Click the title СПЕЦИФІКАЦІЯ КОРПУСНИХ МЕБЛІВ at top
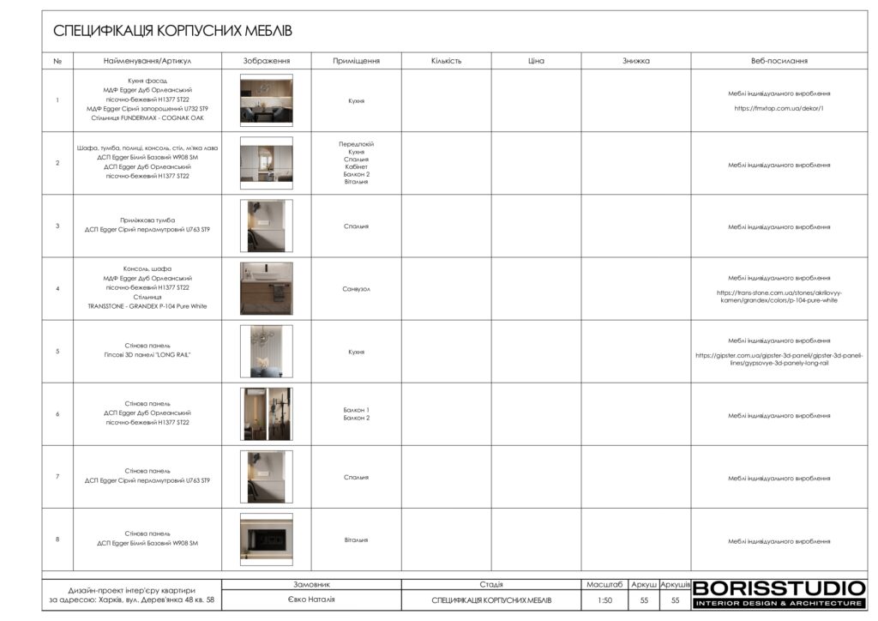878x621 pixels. tap(172, 31)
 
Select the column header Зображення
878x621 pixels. tap(267, 61)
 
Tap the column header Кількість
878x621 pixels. tap(446, 61)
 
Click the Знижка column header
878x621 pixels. tap(636, 61)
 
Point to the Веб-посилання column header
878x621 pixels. tap(779, 61)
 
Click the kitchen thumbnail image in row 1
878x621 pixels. tap(266, 100)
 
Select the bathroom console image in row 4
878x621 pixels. tap(266, 288)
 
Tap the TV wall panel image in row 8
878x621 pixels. tap(266, 540)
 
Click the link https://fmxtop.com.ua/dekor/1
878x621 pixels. tap(779, 109)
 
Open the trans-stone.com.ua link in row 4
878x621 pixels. tap(779, 297)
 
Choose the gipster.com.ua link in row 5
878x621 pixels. tap(779, 359)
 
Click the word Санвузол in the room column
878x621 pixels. tap(356, 289)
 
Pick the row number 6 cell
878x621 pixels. tap(57, 414)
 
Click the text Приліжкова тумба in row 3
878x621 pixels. tap(147, 220)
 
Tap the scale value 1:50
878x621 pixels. tap(604, 600)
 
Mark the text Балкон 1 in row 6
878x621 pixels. tap(356, 410)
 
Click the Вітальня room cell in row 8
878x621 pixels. tap(356, 540)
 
